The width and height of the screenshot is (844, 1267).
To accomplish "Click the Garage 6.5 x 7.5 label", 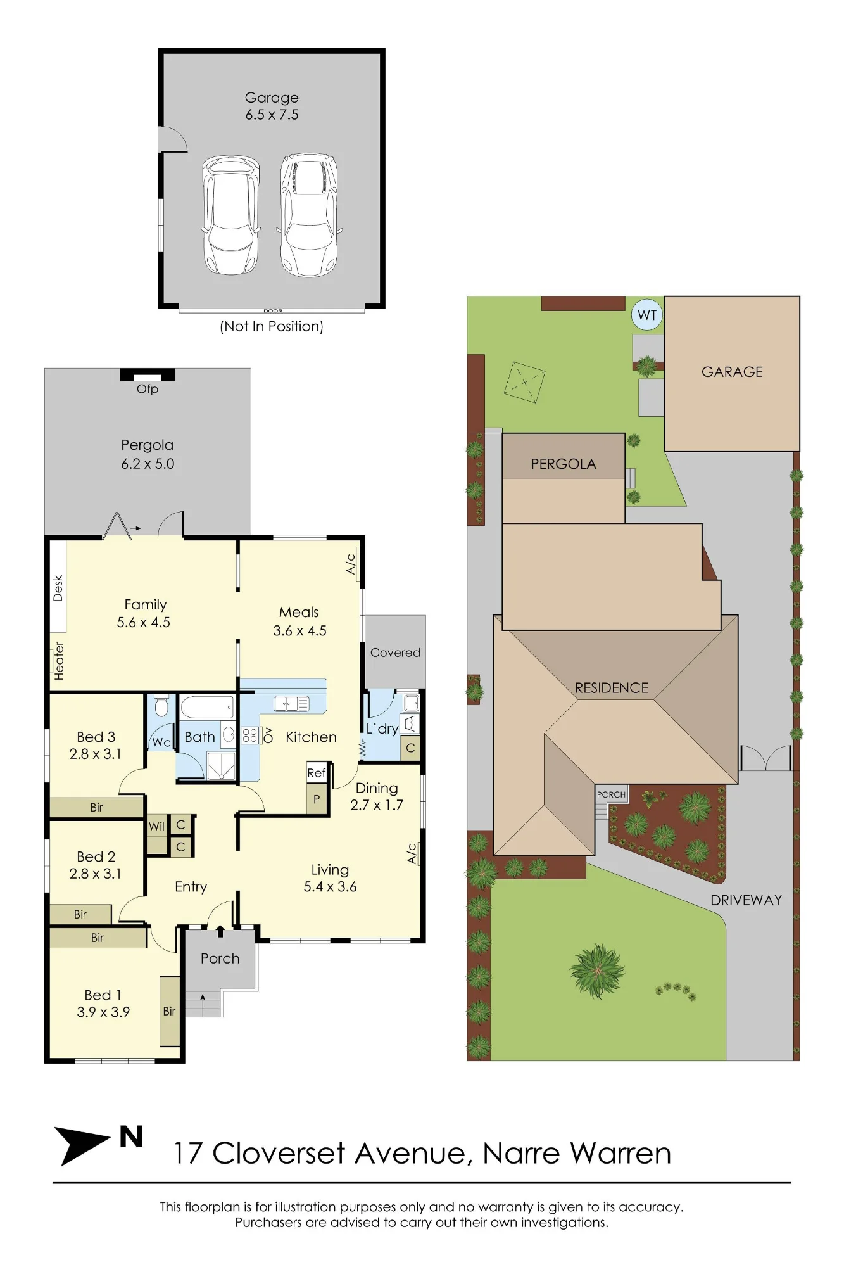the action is click(272, 106).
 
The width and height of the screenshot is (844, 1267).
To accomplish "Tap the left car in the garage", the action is click(231, 215).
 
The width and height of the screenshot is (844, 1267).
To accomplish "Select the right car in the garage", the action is click(309, 215).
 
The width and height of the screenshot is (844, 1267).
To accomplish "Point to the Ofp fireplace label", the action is click(148, 389).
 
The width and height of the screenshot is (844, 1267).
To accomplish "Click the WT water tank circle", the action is click(647, 315).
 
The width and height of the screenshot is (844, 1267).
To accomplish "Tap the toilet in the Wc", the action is click(161, 706).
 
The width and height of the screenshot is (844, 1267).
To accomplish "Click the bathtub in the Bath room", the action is click(207, 707).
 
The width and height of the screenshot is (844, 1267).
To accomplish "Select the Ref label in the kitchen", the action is click(316, 773).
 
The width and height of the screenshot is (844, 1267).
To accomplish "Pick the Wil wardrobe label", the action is click(156, 826).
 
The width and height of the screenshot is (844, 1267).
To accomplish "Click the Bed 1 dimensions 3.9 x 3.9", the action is click(103, 1012).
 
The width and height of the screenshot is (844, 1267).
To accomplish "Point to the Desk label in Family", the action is click(58, 588).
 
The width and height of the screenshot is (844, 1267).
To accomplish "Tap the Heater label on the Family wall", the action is click(59, 661).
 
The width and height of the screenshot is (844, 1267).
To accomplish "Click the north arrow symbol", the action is click(81, 1145).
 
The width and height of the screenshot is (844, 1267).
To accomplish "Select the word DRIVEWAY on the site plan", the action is click(746, 900).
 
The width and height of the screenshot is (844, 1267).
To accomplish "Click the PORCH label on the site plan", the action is click(611, 794).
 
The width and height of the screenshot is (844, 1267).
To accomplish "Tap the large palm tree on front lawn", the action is click(596, 971).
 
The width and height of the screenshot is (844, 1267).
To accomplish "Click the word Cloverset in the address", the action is click(279, 1154).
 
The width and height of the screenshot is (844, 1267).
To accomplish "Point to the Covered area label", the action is click(395, 653).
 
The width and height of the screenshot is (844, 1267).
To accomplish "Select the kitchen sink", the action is click(291, 703).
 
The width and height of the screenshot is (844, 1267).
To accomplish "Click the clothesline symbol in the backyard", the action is click(524, 382).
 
